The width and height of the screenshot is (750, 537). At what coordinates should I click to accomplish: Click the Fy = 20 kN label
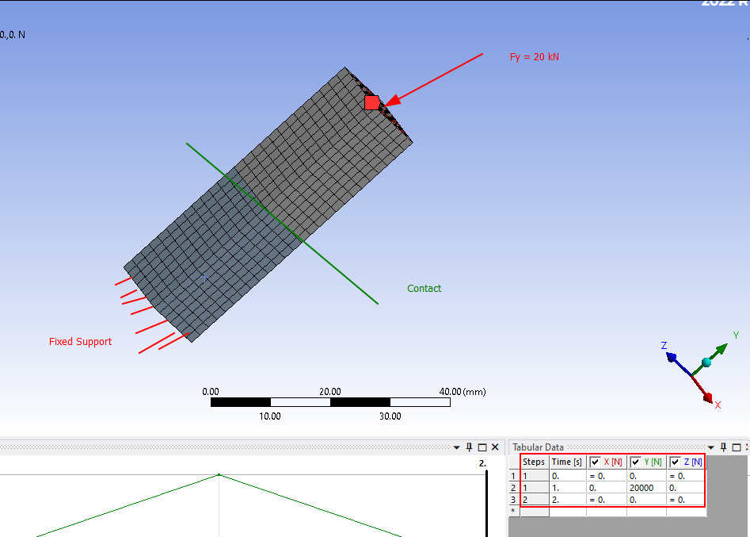coord(534,57)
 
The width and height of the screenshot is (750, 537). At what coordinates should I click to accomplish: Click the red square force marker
coord(372,102)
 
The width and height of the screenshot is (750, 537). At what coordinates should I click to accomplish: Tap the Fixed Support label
coord(80,342)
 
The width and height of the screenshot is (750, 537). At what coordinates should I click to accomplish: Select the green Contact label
coord(424,289)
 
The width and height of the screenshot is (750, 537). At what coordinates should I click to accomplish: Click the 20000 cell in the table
coord(641,488)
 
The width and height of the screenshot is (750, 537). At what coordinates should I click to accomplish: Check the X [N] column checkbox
coord(595,462)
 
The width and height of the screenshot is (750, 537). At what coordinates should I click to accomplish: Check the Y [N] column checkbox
coord(635,462)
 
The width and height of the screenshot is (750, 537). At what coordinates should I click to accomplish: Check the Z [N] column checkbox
coord(676,462)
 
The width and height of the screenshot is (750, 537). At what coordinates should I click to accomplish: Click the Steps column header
coord(534,462)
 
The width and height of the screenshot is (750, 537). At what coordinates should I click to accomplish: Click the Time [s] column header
coord(566,462)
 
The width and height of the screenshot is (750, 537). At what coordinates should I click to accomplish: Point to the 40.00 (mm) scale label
coord(463,392)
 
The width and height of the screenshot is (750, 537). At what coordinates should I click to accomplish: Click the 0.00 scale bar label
coord(211,392)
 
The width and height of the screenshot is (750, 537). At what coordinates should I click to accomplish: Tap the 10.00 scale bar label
coord(270,416)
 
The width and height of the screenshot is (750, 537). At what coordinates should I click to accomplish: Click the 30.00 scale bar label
coord(390,416)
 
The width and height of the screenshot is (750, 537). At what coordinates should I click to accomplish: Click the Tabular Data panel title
coord(538,447)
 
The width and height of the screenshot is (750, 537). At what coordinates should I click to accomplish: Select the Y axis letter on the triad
coord(736,336)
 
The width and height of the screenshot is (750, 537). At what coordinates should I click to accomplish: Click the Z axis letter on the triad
coord(664,346)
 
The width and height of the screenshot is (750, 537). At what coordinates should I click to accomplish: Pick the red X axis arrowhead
coord(707,397)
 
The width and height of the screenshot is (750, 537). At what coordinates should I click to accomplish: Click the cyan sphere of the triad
coord(706,362)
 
